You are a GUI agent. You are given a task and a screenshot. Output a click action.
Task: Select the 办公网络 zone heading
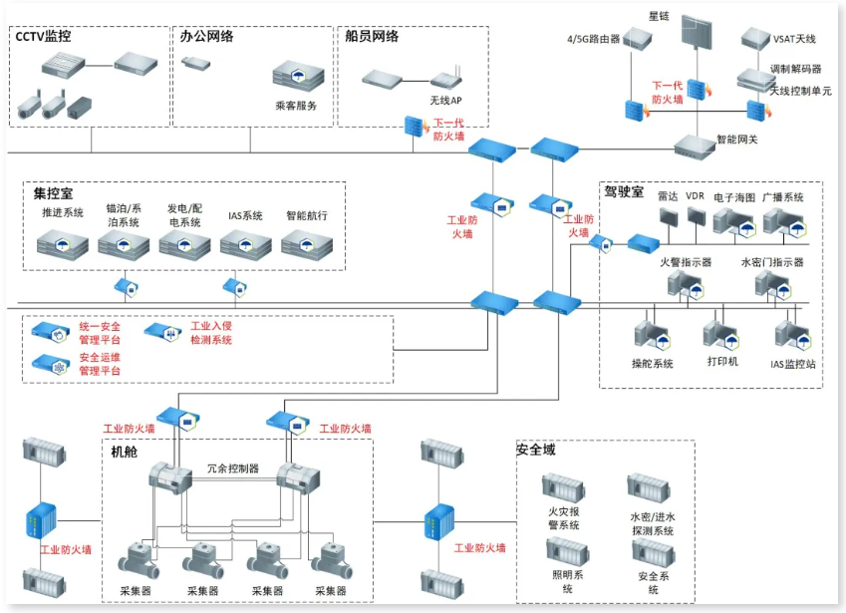(206, 37)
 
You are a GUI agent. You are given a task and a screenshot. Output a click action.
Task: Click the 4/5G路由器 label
(594, 40)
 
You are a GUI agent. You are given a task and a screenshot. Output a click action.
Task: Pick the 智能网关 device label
(737, 139)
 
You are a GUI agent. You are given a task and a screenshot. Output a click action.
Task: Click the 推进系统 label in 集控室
(62, 214)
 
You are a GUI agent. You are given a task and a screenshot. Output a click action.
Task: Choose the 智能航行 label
(306, 215)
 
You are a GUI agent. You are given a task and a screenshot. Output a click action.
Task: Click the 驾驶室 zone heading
(624, 189)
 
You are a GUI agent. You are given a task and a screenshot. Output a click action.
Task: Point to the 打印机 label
(721, 362)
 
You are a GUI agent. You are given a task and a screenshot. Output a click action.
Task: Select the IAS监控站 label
(792, 364)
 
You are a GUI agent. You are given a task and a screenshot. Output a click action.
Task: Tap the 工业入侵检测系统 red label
(210, 333)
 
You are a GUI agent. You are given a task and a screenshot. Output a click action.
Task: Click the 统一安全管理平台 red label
(100, 333)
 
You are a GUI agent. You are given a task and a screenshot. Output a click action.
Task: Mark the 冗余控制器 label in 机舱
(232, 467)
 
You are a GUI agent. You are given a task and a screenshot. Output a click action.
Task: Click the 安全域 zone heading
(535, 450)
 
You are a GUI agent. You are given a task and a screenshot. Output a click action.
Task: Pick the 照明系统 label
(567, 581)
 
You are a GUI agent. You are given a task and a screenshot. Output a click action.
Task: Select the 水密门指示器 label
(772, 262)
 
